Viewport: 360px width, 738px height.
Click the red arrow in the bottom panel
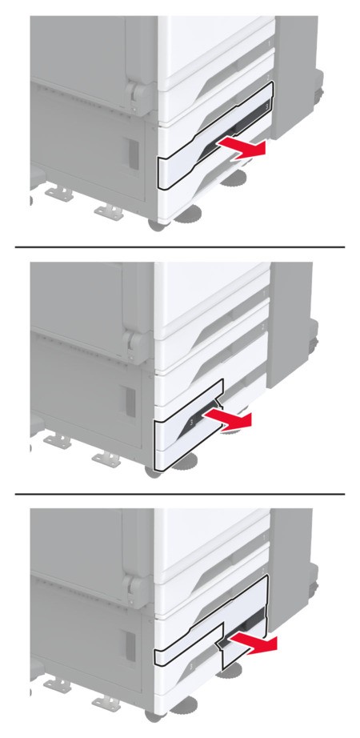(x=252, y=644)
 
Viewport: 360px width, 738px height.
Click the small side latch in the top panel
(x=131, y=152)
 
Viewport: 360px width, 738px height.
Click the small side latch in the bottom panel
(x=131, y=649)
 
